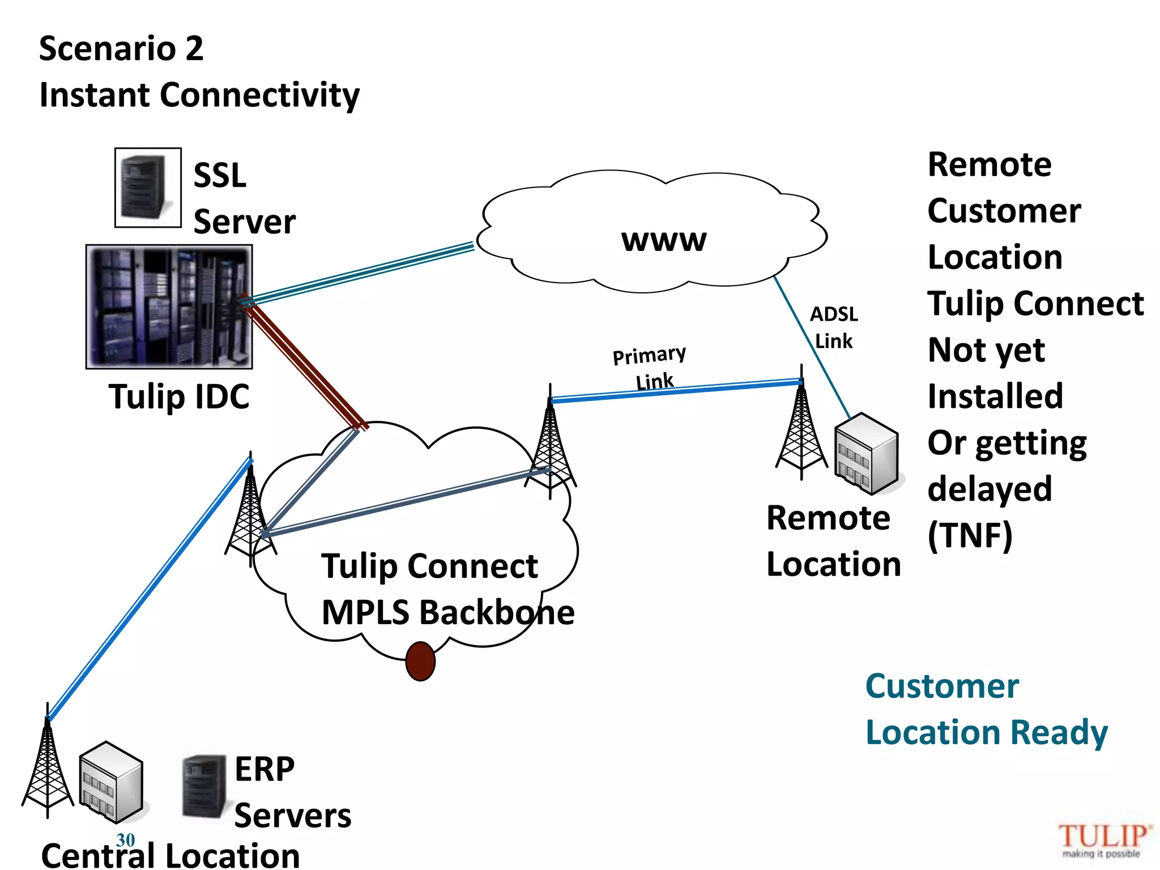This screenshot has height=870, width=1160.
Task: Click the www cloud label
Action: [x=664, y=240]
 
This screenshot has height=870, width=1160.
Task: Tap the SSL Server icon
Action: [x=148, y=187]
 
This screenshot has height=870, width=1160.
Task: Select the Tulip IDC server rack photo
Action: [x=169, y=306]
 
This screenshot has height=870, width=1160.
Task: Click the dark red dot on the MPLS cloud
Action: [x=420, y=661]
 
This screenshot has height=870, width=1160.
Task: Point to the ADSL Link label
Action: [x=834, y=327]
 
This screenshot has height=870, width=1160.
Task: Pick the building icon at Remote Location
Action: [x=867, y=453]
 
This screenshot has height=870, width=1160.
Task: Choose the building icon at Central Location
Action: [x=110, y=782]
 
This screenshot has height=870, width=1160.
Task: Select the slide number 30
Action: [x=125, y=839]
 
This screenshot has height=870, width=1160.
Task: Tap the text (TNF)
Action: [x=970, y=535]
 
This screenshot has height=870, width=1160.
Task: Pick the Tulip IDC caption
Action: [x=179, y=396]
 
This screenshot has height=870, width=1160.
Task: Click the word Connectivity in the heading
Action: [x=260, y=95]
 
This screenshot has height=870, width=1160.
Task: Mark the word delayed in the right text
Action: [x=990, y=489]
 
